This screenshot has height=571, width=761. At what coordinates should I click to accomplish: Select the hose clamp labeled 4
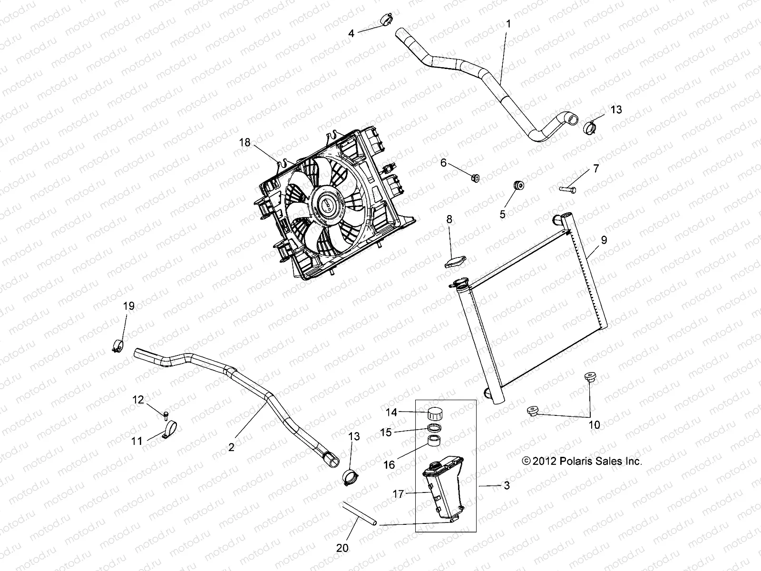[386, 21]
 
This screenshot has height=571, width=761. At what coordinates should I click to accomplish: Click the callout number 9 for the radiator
[604, 240]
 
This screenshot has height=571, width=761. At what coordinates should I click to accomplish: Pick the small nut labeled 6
[475, 178]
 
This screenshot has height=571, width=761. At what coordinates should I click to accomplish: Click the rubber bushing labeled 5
[518, 185]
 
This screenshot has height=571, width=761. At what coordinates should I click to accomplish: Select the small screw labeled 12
[165, 415]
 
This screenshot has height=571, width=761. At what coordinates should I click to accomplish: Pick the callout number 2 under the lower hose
[231, 447]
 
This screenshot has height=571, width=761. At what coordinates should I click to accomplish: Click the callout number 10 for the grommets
[595, 425]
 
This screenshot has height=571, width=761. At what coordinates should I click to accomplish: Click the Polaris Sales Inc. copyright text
[582, 461]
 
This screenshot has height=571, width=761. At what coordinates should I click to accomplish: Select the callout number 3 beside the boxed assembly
[507, 486]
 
